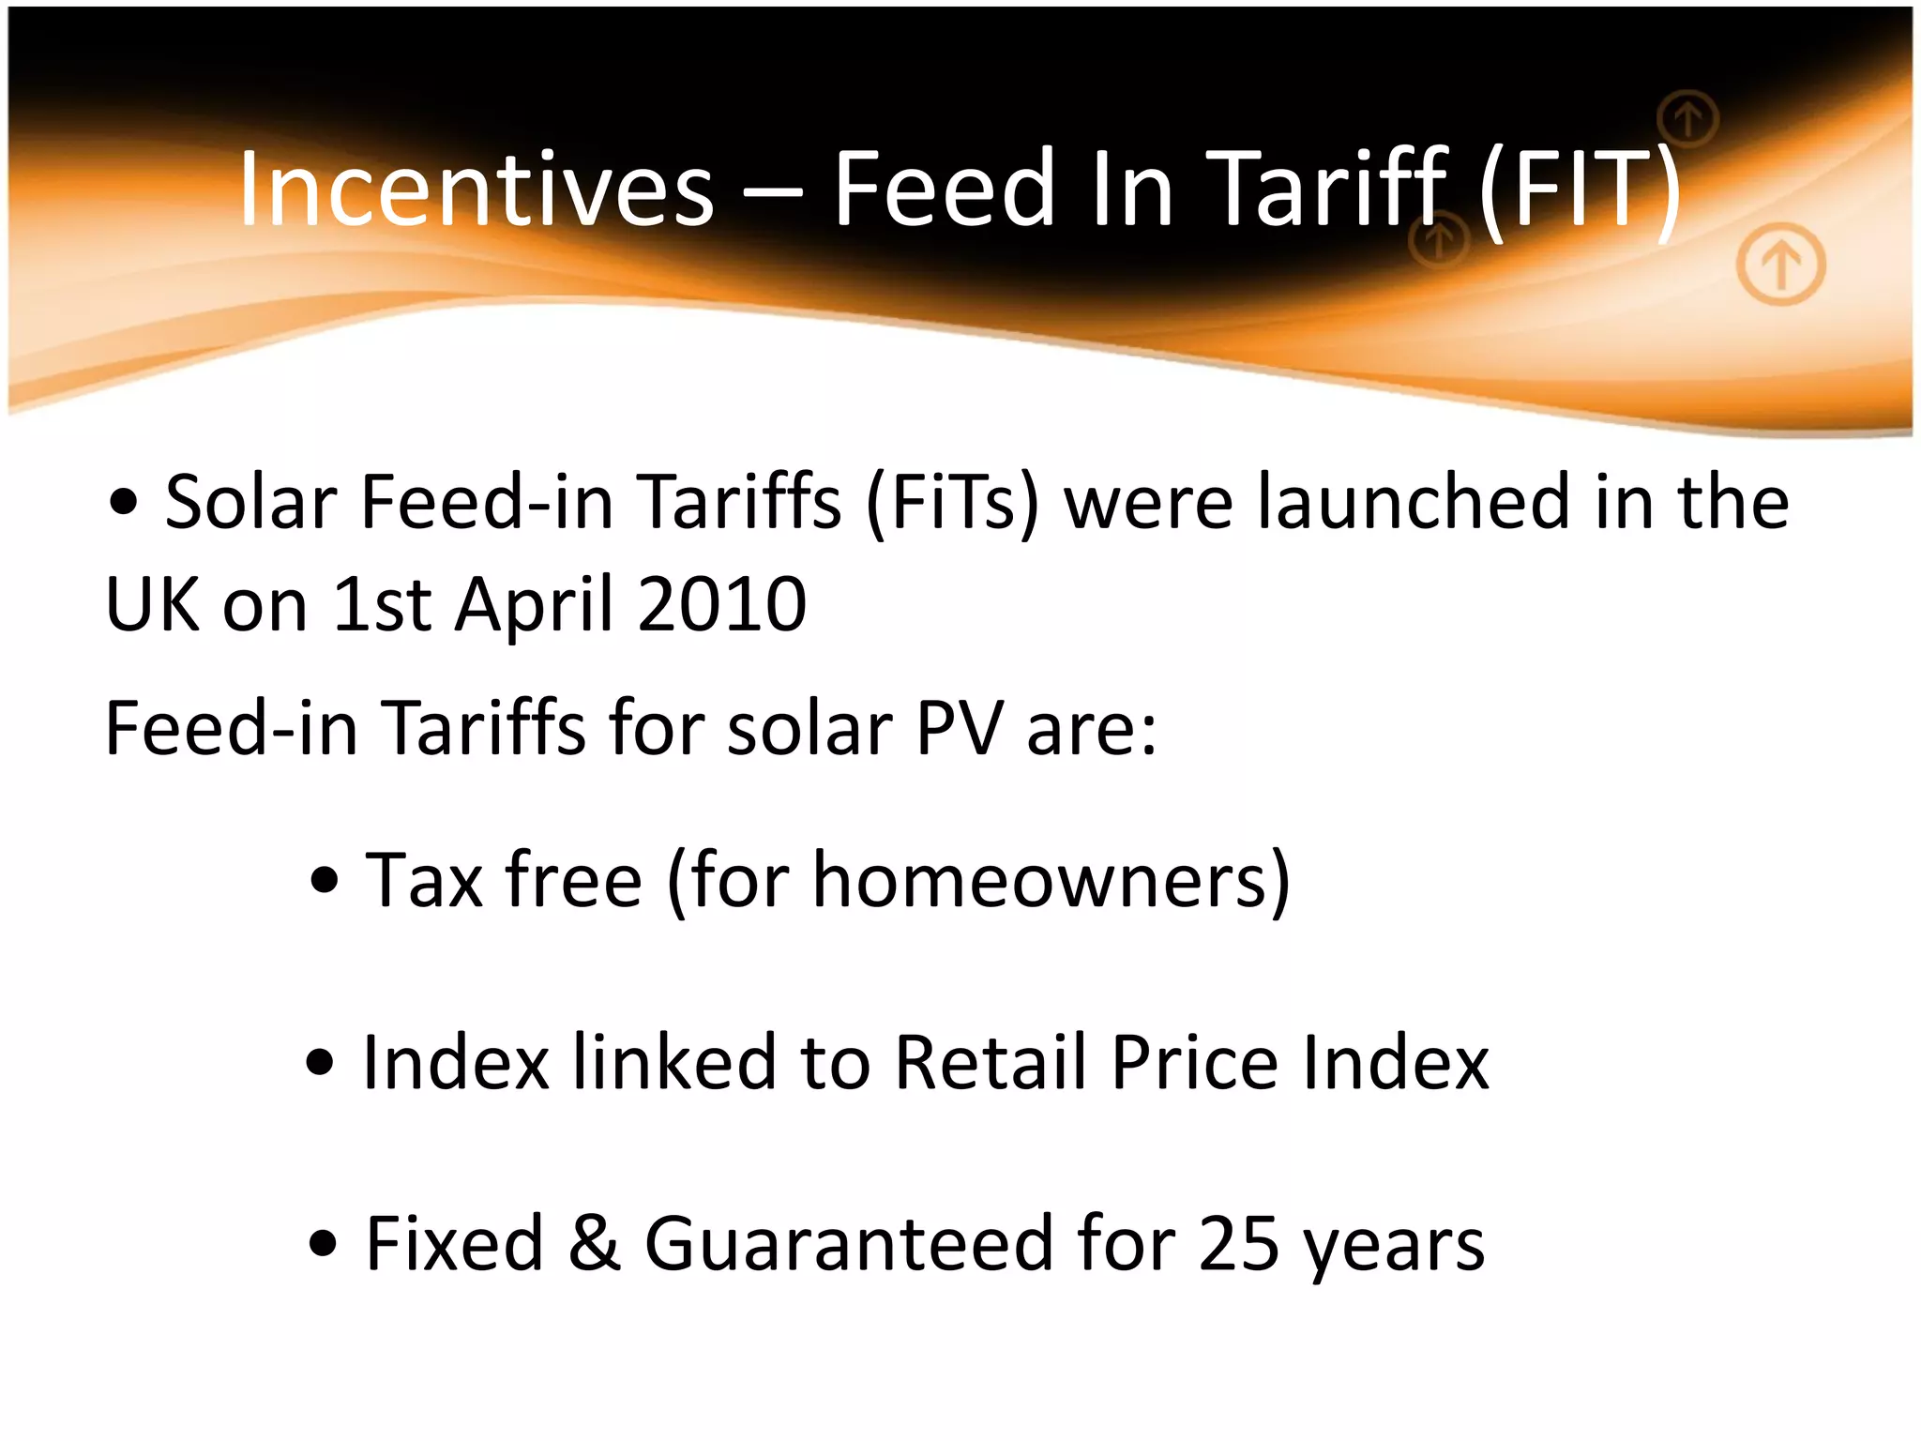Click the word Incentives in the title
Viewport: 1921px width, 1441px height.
point(476,190)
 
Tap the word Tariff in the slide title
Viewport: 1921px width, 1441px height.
point(1326,190)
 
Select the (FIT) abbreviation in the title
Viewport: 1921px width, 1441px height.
point(1580,191)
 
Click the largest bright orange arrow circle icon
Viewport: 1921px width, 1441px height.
point(1780,265)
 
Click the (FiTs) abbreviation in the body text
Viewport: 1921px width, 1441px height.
point(952,504)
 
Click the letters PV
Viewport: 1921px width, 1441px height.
point(959,728)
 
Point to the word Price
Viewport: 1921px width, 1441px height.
point(1195,1062)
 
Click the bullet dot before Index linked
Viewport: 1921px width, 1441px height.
point(321,1063)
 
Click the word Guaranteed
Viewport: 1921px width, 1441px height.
point(849,1244)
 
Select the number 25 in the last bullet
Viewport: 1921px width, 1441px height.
point(1238,1244)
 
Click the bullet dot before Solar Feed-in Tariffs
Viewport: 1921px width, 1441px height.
point(124,503)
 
